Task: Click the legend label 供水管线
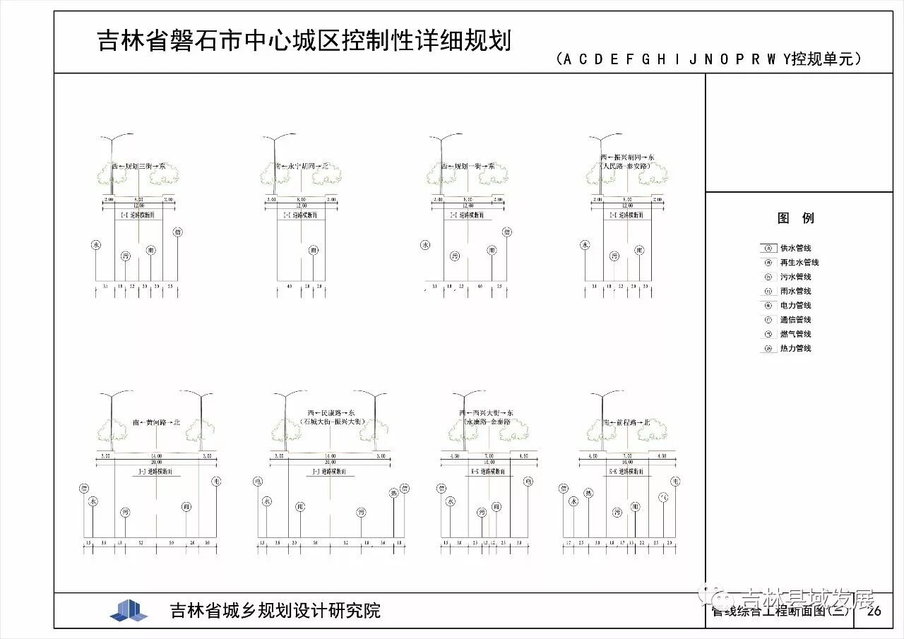click(x=795, y=249)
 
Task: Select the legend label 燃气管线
click(x=795, y=334)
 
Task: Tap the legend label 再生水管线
click(x=799, y=263)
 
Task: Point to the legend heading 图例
click(x=796, y=218)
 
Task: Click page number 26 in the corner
click(x=874, y=611)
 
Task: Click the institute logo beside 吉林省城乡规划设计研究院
click(x=129, y=611)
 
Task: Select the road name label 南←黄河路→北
click(x=156, y=422)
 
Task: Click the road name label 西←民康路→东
click(x=331, y=412)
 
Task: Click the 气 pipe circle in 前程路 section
click(x=662, y=498)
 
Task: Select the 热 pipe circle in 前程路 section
click(x=588, y=494)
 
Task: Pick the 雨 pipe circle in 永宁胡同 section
click(x=314, y=250)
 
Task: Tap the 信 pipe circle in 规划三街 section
click(x=178, y=232)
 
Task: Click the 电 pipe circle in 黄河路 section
click(x=216, y=482)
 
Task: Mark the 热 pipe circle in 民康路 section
click(x=393, y=493)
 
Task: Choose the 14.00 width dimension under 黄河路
click(x=156, y=456)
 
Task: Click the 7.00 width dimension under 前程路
click(x=627, y=456)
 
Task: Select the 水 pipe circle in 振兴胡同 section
click(x=585, y=245)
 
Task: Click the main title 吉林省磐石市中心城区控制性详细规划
click(x=304, y=41)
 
